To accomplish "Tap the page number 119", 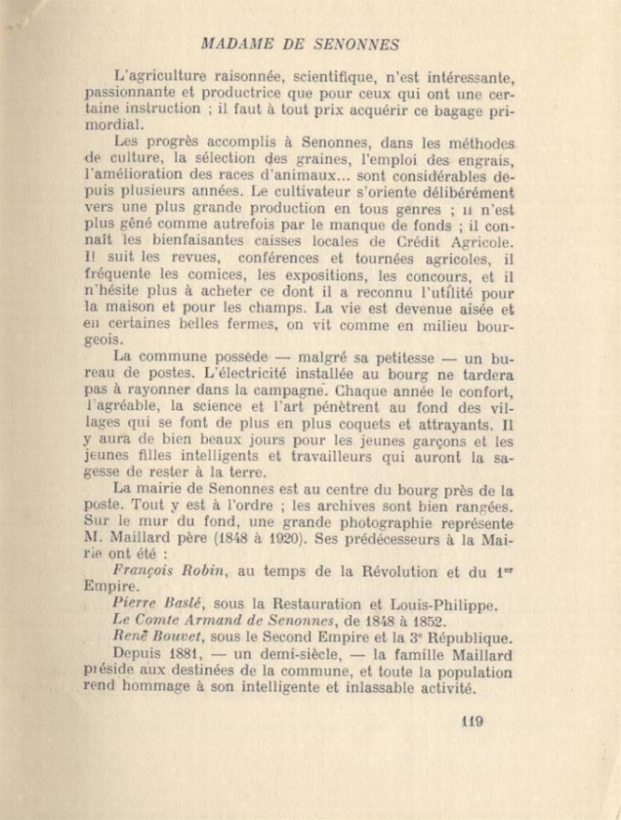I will [472, 722].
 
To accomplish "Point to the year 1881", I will [186, 654].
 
